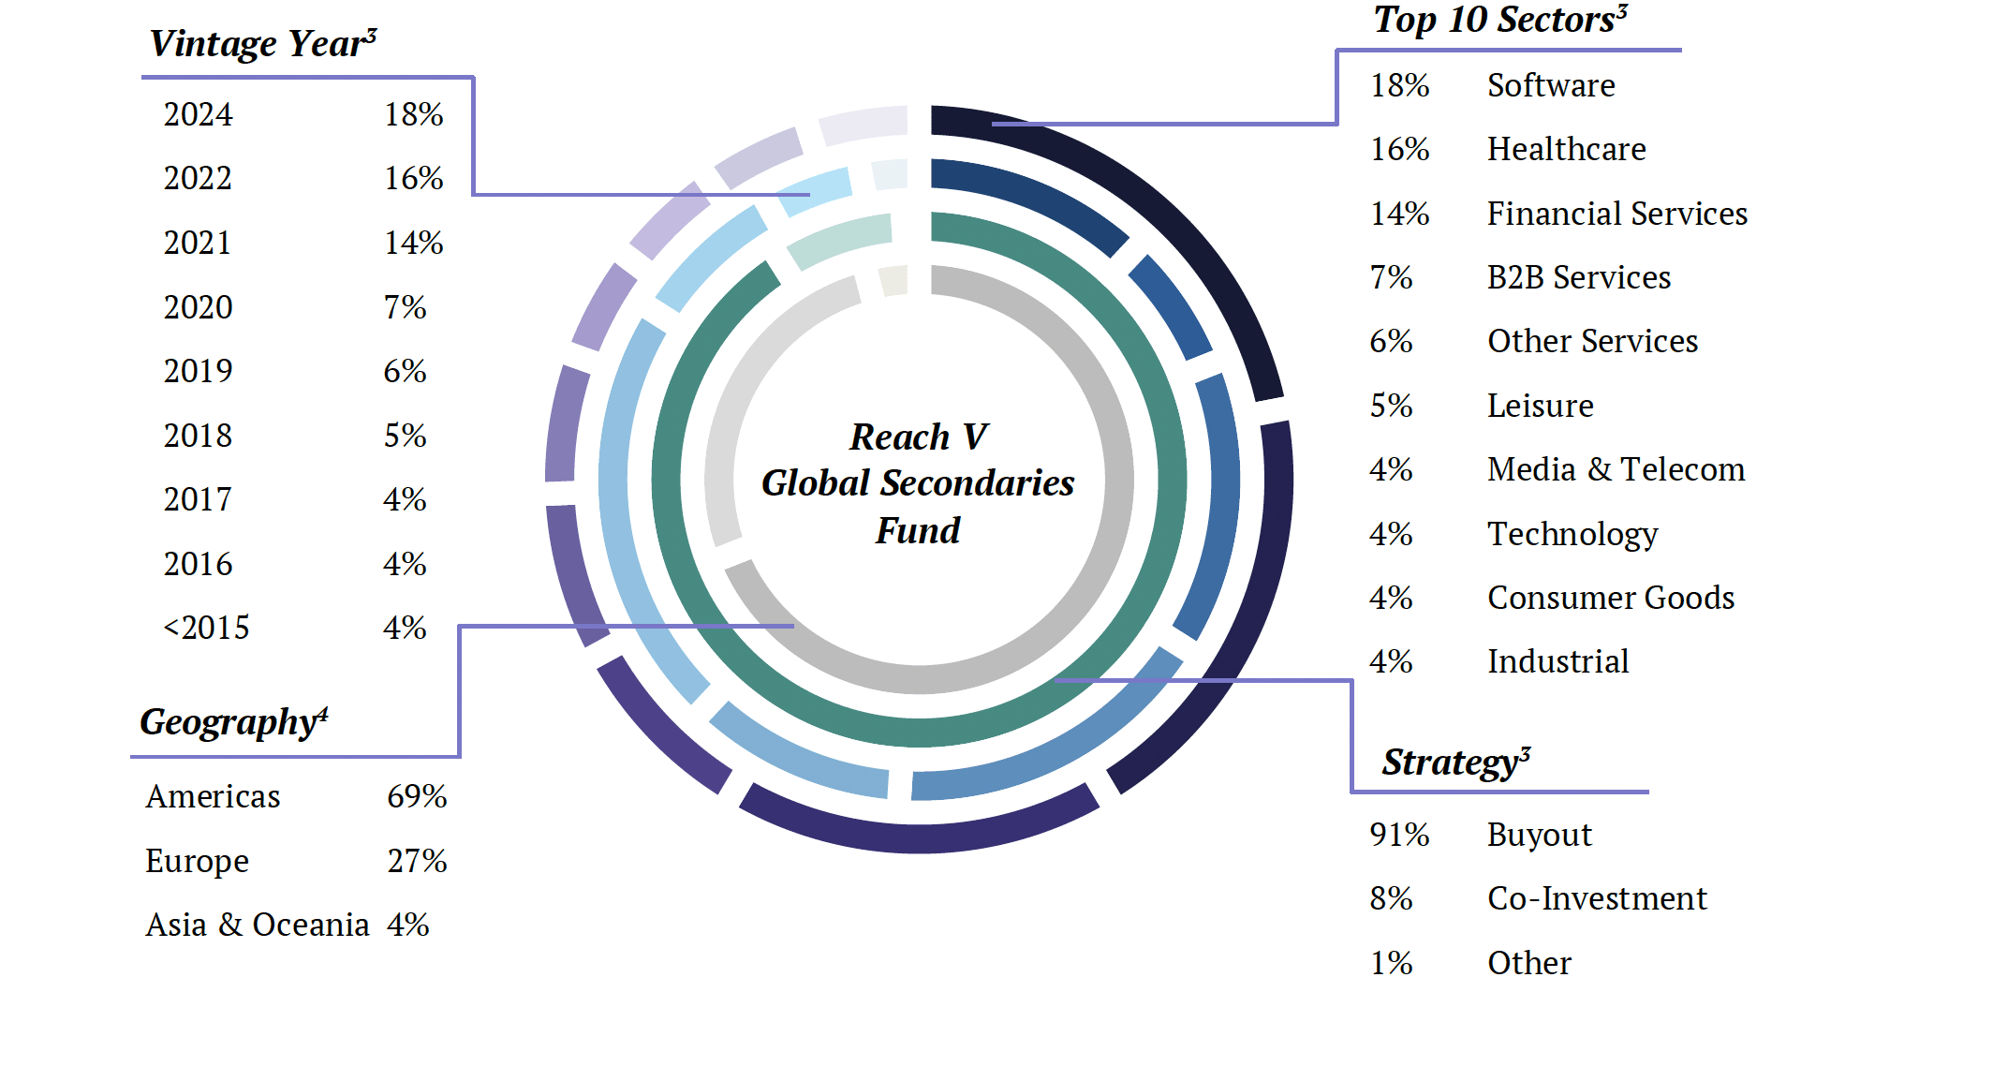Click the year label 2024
[198, 114]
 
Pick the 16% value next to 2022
[413, 178]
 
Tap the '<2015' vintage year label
[206, 628]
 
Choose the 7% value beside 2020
[405, 307]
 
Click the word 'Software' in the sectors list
[1551, 85]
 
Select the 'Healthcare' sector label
[1566, 149]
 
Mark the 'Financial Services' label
[1617, 214]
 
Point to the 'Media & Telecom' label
[1616, 469]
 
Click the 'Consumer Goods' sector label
[1611, 598]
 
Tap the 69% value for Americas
[417, 796]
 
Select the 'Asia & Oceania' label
[257, 925]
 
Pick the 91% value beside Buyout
[1399, 835]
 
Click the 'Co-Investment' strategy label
[1597, 898]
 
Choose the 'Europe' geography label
[197, 861]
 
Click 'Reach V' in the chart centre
[918, 437]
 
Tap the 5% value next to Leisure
[1391, 406]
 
